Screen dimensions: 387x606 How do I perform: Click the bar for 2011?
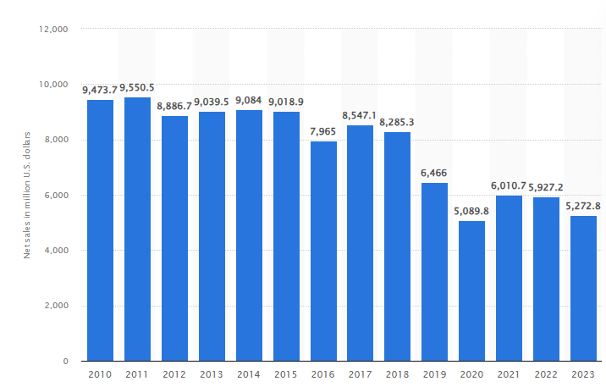(137, 229)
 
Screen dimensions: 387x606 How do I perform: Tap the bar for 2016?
(323, 251)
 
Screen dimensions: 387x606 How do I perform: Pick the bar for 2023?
(583, 288)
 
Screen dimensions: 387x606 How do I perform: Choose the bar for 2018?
(397, 246)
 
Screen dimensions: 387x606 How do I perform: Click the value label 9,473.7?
(100, 89)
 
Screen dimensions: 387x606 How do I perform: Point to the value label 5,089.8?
(471, 210)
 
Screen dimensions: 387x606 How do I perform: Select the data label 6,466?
(434, 172)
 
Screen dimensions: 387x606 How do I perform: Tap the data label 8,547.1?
(360, 114)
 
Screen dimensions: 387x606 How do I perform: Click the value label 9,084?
(249, 100)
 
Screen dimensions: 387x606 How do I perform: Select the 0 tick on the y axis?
(65, 362)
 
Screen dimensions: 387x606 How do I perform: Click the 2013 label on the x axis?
(212, 375)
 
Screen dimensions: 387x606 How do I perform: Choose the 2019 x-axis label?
(434, 375)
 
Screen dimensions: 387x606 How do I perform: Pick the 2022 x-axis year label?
(546, 375)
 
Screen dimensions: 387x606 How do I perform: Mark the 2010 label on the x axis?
(100, 375)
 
